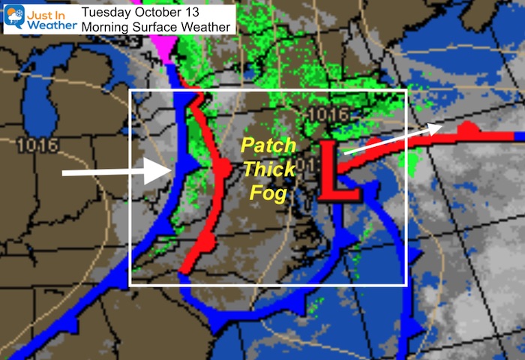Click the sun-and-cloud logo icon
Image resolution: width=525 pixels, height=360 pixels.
click(14, 16)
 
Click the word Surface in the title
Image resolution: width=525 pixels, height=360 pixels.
click(165, 26)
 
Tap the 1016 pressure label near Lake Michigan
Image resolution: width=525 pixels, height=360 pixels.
click(35, 144)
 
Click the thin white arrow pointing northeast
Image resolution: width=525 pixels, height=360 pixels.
click(391, 139)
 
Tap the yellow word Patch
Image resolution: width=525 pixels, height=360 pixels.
click(267, 145)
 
